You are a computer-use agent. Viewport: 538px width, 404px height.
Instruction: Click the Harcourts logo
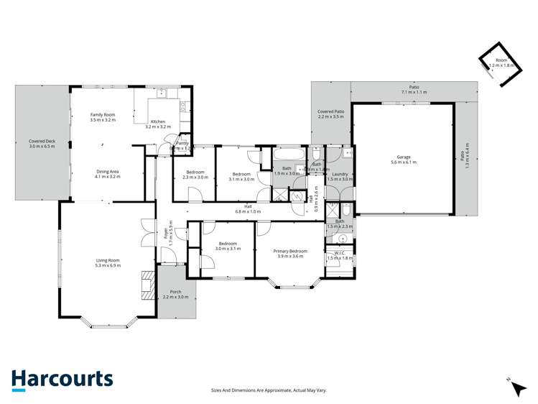point(62,380)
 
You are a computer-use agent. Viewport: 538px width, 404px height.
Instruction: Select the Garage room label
point(403,157)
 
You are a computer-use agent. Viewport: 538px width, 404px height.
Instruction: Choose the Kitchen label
point(158,121)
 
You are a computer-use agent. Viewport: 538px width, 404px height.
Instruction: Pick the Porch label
point(175,292)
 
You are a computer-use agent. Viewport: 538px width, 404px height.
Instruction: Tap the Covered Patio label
point(331,112)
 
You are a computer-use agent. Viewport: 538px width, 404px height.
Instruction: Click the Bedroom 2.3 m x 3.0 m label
point(195,173)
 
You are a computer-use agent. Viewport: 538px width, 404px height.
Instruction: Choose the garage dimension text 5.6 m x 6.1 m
point(403,162)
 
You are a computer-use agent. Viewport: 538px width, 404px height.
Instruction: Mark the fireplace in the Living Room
point(147,283)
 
